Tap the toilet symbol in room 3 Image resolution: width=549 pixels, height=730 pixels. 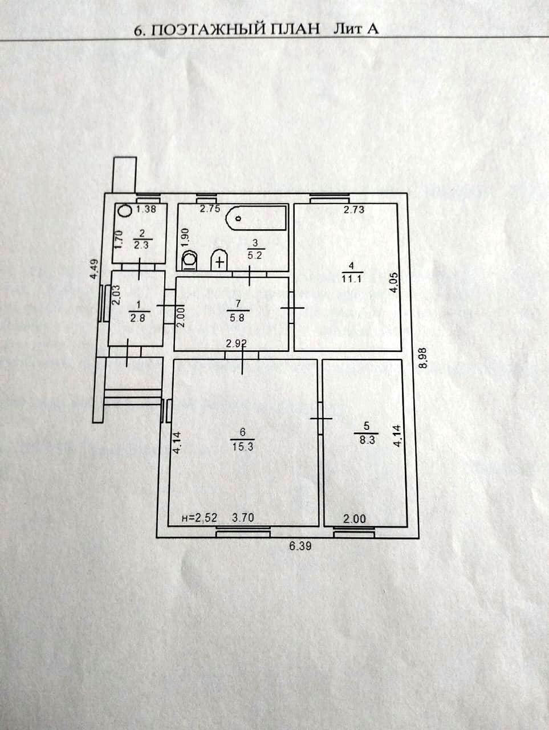tap(190, 261)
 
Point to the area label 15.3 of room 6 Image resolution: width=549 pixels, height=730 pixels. tap(242, 447)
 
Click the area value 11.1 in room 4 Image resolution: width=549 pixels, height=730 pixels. tap(353, 279)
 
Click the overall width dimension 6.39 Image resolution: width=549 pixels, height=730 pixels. tap(301, 546)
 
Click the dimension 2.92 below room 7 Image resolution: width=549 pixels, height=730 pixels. tap(236, 344)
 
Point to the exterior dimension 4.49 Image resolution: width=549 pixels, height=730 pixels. tap(95, 269)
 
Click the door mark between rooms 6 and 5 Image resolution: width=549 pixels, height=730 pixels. tap(320, 419)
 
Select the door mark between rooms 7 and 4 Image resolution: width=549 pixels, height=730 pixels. tap(291, 308)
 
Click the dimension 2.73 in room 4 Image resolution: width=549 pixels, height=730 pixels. tap(353, 209)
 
